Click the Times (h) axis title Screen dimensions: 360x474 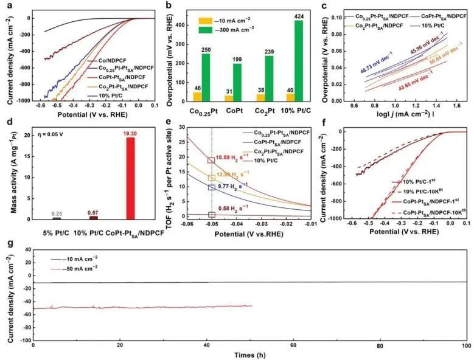(249, 354)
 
